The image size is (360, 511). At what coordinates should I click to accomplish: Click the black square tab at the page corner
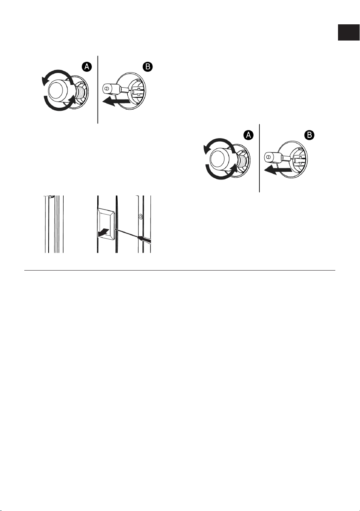click(348, 32)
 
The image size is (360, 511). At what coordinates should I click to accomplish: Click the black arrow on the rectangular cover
click(103, 233)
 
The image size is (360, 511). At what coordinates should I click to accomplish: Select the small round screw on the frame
click(140, 216)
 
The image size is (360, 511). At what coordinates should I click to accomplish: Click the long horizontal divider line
click(180, 271)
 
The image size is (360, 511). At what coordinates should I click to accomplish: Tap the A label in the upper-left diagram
click(87, 67)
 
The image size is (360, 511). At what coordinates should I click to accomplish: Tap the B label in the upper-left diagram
click(148, 67)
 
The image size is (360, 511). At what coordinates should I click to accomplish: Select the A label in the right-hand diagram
click(248, 135)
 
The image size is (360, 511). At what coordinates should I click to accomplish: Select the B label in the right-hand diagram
click(309, 135)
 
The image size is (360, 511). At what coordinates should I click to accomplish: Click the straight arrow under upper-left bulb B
click(116, 101)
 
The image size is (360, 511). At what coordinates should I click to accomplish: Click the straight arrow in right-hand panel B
click(278, 170)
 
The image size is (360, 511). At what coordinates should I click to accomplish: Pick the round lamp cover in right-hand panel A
click(221, 159)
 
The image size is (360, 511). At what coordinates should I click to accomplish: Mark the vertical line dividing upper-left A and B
click(98, 90)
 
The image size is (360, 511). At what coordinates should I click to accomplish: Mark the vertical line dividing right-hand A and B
click(260, 158)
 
